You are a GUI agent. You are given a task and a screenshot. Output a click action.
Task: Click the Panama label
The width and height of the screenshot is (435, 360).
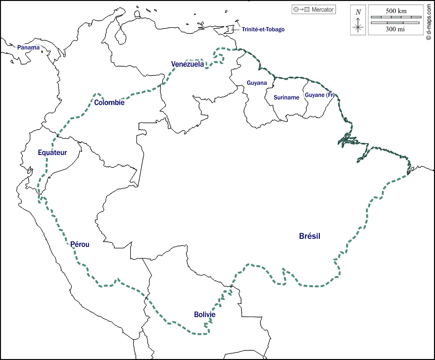tap(28, 47)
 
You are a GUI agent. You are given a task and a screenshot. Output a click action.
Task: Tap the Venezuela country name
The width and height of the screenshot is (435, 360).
tap(187, 64)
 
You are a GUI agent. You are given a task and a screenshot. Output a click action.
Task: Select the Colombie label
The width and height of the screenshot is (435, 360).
tap(109, 102)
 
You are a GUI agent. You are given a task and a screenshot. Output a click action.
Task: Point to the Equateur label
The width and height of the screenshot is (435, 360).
tap(52, 152)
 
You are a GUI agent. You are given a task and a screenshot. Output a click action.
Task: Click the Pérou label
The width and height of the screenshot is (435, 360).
tap(80, 244)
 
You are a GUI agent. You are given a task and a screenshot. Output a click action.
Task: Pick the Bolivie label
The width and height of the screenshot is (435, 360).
tap(205, 315)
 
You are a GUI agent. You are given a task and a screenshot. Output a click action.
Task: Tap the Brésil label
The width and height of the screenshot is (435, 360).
tap(310, 236)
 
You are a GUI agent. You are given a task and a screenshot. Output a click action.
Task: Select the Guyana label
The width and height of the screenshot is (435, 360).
tap(257, 83)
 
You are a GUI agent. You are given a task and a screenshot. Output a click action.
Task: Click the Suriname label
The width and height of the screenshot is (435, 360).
tap(286, 97)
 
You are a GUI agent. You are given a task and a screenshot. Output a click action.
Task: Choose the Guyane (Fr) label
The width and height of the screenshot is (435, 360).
tap(320, 95)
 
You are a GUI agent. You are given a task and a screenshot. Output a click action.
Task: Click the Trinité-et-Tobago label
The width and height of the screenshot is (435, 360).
tap(263, 29)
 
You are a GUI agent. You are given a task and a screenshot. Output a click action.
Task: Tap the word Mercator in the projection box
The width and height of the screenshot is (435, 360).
tap(322, 10)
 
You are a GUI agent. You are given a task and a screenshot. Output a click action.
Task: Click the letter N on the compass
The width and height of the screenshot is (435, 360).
tap(358, 12)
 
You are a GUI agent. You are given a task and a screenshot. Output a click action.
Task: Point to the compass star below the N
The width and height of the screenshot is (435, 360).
tap(358, 26)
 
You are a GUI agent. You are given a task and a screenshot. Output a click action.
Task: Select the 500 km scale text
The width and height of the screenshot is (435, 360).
tap(396, 11)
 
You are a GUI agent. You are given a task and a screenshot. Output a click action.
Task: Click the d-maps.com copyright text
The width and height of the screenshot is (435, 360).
tap(428, 21)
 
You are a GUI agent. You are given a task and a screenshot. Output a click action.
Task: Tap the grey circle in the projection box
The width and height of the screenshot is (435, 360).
tap(296, 10)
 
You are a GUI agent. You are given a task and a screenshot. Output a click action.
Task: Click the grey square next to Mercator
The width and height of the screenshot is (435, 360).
tap(307, 10)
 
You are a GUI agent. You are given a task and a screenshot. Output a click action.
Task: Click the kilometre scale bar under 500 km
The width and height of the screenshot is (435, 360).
tap(396, 18)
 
